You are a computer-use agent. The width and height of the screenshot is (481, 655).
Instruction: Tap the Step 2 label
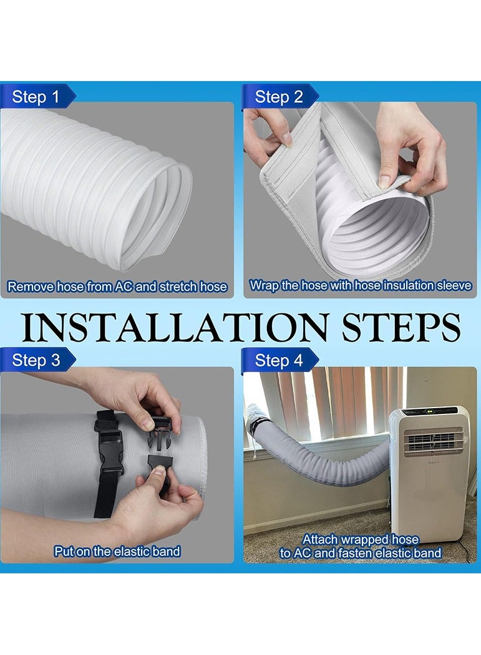279,97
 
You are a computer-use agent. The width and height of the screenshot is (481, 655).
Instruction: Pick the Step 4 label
279,360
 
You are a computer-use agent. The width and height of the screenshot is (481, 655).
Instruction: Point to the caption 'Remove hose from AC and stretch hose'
117,287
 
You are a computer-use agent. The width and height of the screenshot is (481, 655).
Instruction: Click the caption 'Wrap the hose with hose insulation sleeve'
359,286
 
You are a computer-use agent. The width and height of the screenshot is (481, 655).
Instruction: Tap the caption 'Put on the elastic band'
117,551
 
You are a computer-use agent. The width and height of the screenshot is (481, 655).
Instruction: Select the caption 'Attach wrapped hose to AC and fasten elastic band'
361,546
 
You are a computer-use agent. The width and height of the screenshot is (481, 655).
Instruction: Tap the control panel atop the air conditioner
430,413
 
